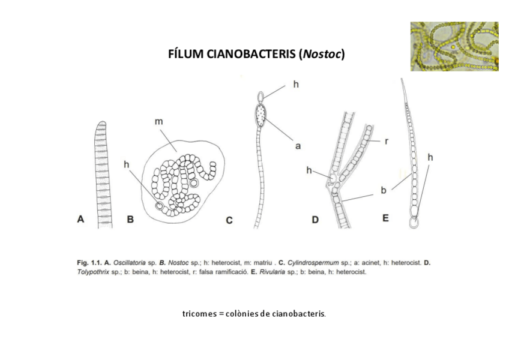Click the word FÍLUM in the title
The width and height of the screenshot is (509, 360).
click(185, 55)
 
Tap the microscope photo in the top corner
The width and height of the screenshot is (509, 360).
click(454, 46)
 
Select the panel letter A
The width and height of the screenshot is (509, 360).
click(80, 220)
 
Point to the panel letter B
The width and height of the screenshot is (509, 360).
click(130, 220)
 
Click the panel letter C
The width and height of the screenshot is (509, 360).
click(229, 220)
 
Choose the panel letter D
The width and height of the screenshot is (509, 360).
click(315, 220)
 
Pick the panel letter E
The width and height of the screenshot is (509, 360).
click(385, 218)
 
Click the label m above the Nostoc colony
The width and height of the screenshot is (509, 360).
click(158, 122)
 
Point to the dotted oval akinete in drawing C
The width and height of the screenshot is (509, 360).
click(260, 113)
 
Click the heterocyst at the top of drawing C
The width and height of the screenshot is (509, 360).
click(260, 95)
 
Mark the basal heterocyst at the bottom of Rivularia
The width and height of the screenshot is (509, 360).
click(414, 223)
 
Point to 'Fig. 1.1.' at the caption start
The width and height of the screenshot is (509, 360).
click(89, 263)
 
